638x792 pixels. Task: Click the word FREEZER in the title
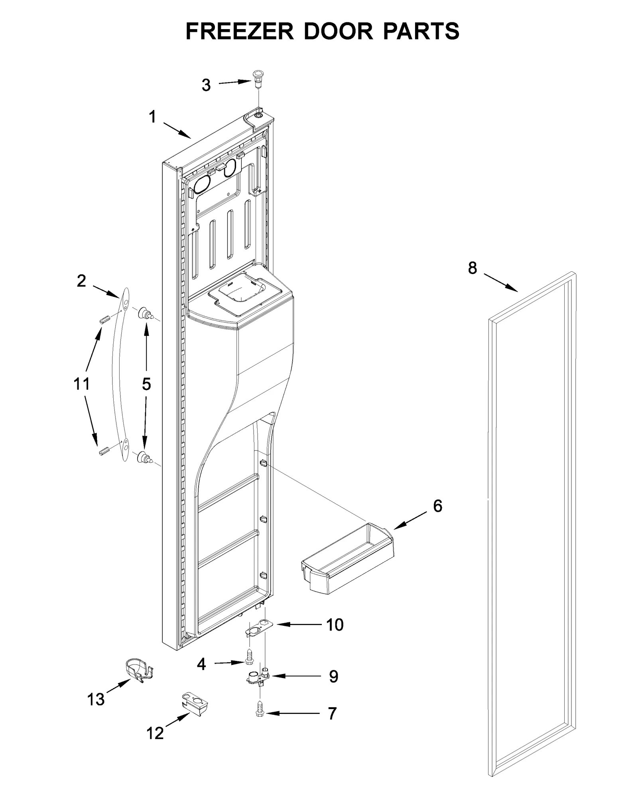[x=239, y=31]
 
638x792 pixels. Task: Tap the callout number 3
[x=206, y=85]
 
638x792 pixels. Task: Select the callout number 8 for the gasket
[x=472, y=268]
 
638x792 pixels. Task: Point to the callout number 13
[x=96, y=699]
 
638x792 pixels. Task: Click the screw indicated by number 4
[x=249, y=657]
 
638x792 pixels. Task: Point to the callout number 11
[x=81, y=384]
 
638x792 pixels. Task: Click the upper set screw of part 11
[x=104, y=320]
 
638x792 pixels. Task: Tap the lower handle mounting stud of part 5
[x=144, y=457]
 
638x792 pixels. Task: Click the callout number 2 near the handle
[x=81, y=281]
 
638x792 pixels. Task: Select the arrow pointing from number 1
[x=177, y=130]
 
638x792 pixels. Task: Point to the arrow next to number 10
[x=299, y=625]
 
